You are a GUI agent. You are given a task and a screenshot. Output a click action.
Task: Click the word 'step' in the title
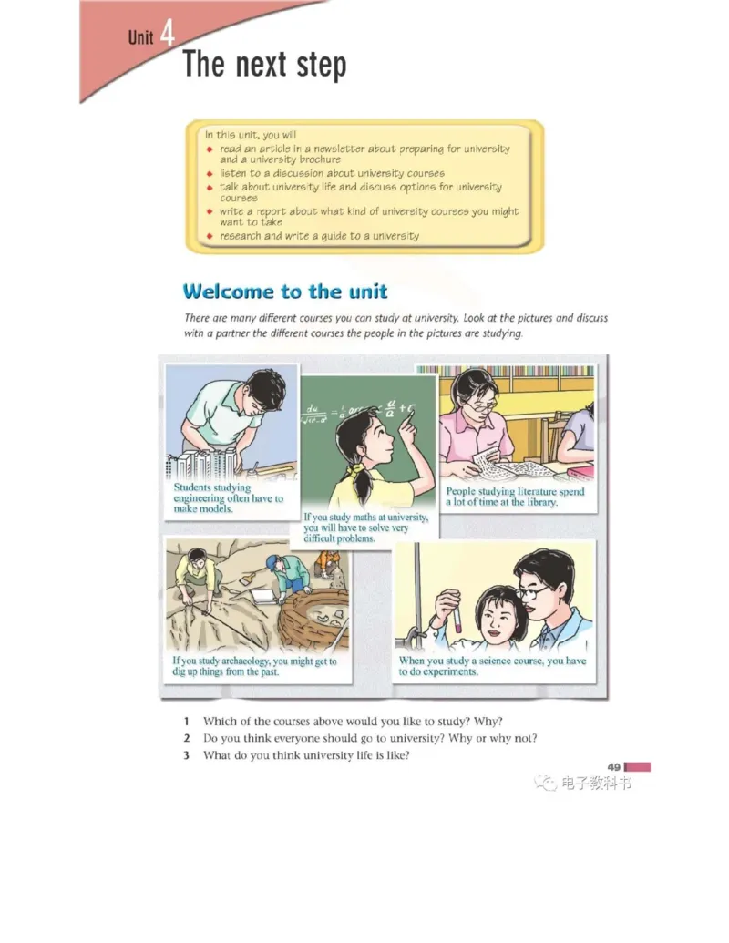[322, 65]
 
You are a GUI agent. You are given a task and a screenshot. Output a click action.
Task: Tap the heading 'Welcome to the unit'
[285, 292]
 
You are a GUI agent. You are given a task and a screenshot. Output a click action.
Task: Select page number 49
[613, 767]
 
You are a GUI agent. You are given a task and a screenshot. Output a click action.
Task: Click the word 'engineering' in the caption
[199, 498]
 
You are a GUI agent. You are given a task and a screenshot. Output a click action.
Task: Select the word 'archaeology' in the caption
[245, 661]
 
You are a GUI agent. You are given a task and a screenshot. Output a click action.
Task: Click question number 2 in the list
[187, 738]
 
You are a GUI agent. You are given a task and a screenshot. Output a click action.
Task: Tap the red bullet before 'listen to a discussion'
[210, 174]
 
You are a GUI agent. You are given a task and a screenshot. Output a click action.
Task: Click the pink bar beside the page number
[638, 767]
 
